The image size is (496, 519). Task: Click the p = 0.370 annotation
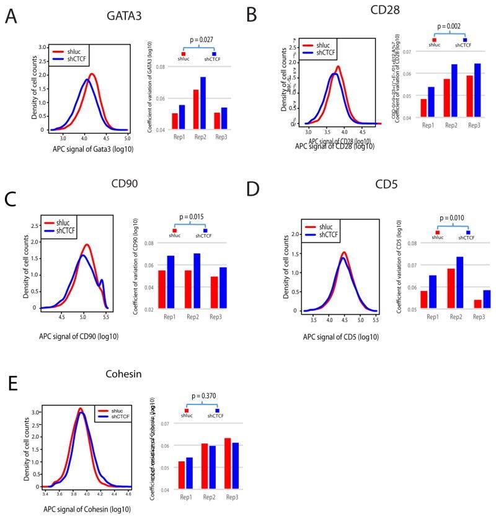(x=201, y=397)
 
